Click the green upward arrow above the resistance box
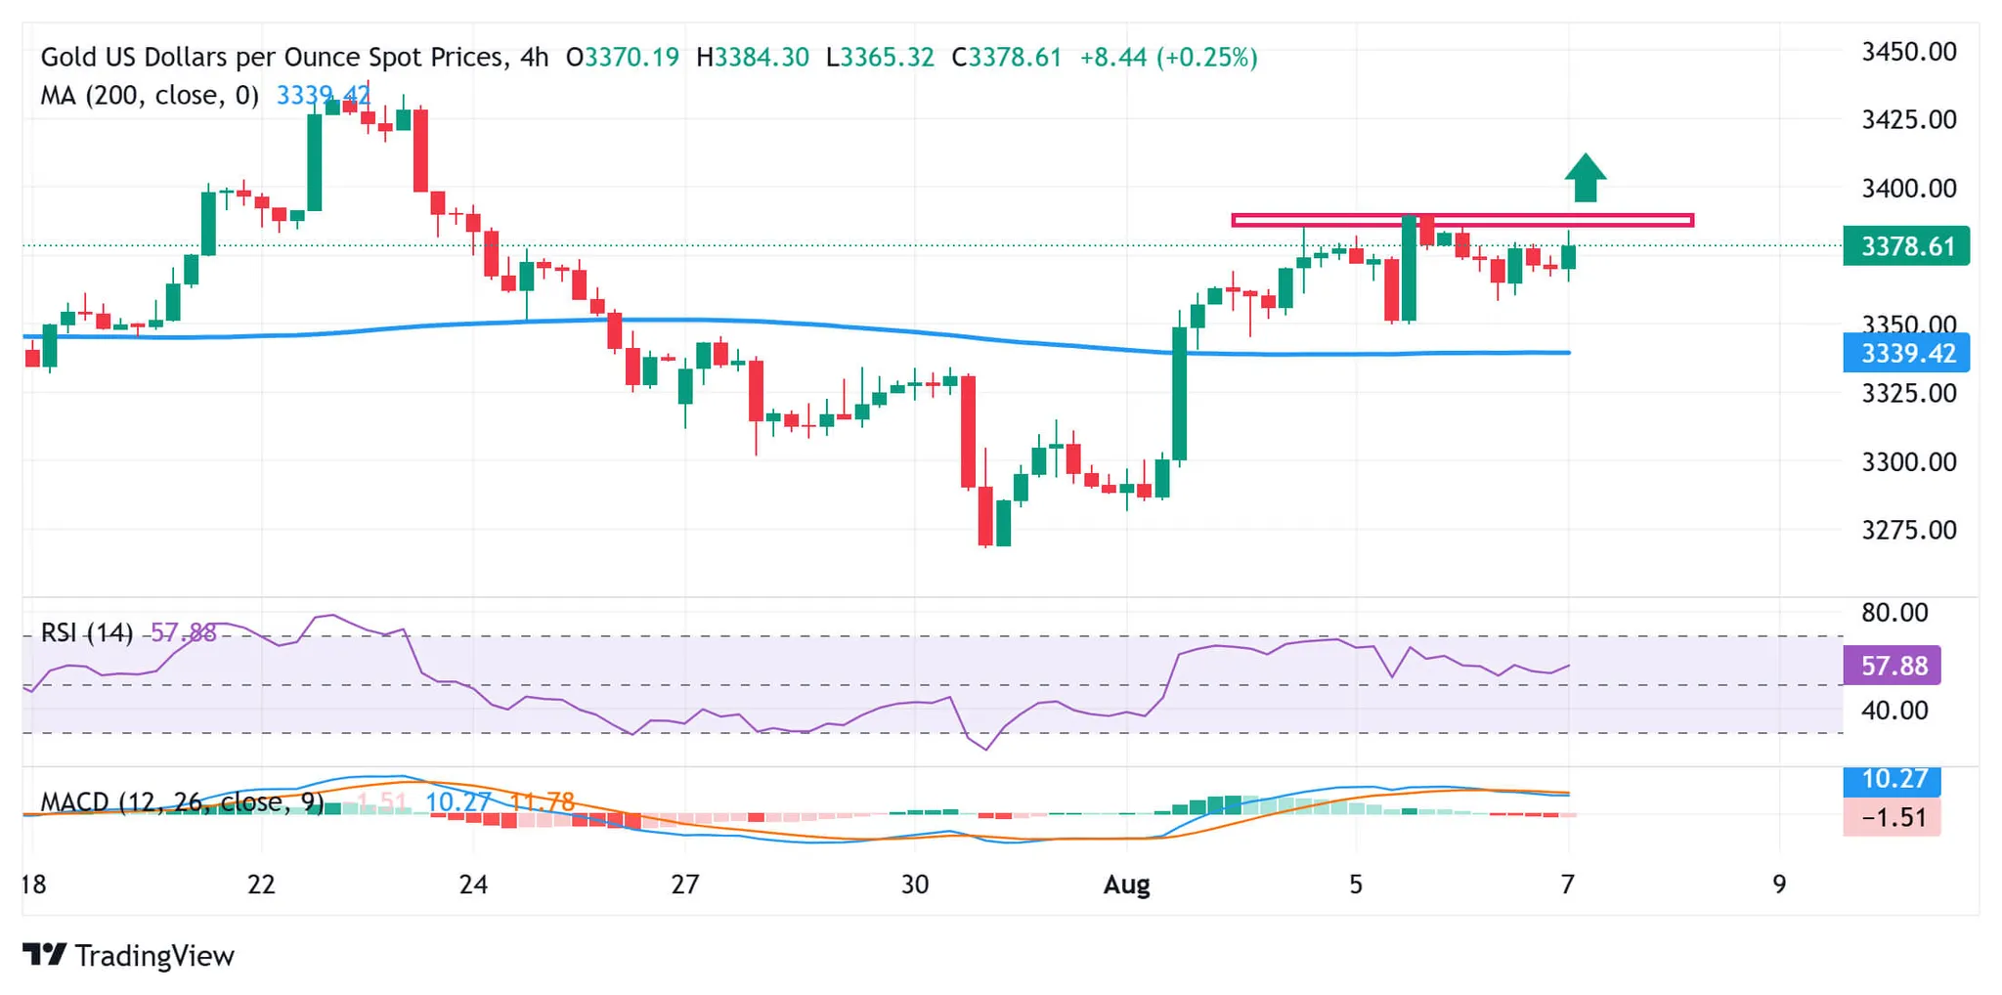point(1585,178)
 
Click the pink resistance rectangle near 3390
point(1462,221)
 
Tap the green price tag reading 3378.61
point(1905,246)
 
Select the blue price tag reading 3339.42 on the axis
point(1905,353)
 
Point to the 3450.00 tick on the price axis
point(1908,52)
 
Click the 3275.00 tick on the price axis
point(1908,530)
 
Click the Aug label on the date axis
point(1126,885)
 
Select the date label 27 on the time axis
point(684,885)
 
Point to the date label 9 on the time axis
point(1779,885)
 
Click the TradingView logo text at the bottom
point(153,955)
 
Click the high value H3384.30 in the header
point(753,58)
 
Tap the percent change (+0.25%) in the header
point(1206,58)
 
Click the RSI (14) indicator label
point(86,633)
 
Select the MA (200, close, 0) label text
point(149,96)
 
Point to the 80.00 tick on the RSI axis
point(1893,613)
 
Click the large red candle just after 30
point(968,430)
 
